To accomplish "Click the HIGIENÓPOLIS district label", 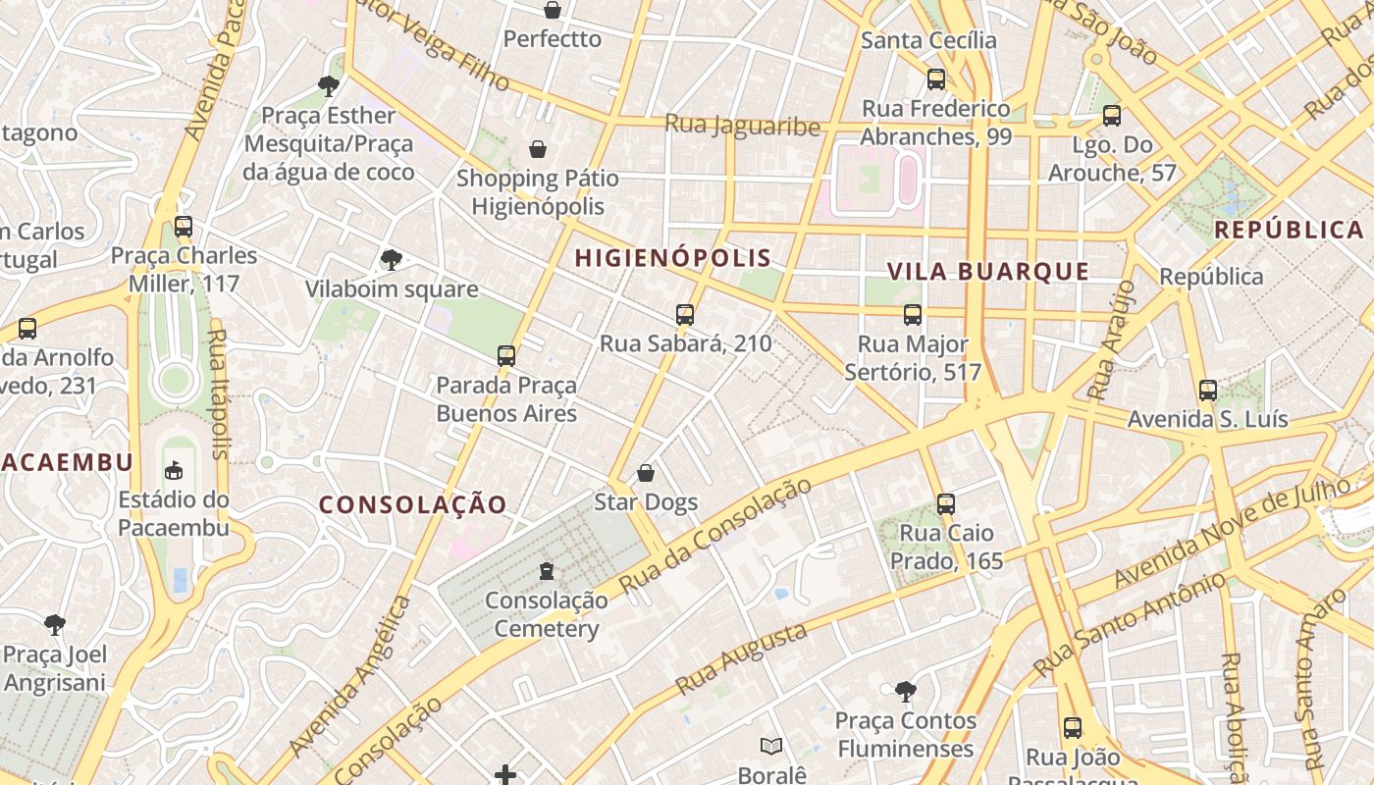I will [673, 258].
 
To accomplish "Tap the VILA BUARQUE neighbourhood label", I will [988, 272].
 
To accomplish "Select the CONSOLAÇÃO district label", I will [413, 504].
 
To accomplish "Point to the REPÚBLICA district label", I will [1290, 230].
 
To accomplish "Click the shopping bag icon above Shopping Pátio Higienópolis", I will [538, 149].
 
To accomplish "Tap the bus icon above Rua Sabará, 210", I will [685, 315].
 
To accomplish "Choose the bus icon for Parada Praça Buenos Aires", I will [506, 355].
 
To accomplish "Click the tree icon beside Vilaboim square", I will [392, 260].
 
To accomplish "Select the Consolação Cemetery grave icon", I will [547, 570].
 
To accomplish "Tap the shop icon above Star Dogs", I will [646, 473].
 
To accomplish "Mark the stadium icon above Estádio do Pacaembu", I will [174, 471].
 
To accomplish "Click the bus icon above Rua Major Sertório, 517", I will [913, 315].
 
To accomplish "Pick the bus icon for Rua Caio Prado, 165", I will [946, 504].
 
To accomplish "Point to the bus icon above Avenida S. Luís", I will [1208, 390].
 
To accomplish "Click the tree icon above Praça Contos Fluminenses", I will [905, 692].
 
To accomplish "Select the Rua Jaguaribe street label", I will [742, 126].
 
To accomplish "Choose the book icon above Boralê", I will [772, 747].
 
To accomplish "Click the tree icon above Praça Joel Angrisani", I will [55, 625].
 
